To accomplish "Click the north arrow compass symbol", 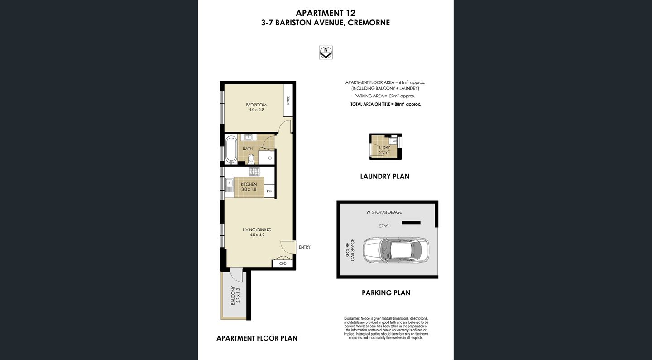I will pyautogui.click(x=326, y=53).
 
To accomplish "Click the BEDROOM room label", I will pyautogui.click(x=256, y=107).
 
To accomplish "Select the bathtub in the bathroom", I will pyautogui.click(x=231, y=150).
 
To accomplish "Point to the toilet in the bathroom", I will pyautogui.click(x=250, y=158).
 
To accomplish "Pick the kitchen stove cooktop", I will pyautogui.click(x=254, y=171).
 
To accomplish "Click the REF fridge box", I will pyautogui.click(x=269, y=191).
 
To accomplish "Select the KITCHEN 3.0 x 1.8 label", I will pyautogui.click(x=249, y=187).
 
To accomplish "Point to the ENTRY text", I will pyautogui.click(x=305, y=247).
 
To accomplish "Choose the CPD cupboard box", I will pyautogui.click(x=283, y=263).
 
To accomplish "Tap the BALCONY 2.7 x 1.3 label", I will pyautogui.click(x=235, y=296).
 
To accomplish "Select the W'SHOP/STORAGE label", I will pyautogui.click(x=384, y=212).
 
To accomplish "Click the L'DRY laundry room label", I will pyautogui.click(x=384, y=150).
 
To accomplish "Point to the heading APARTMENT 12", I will pyautogui.click(x=326, y=13).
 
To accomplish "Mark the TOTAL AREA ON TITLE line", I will pyautogui.click(x=386, y=104).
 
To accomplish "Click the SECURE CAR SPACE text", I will pyautogui.click(x=350, y=249).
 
